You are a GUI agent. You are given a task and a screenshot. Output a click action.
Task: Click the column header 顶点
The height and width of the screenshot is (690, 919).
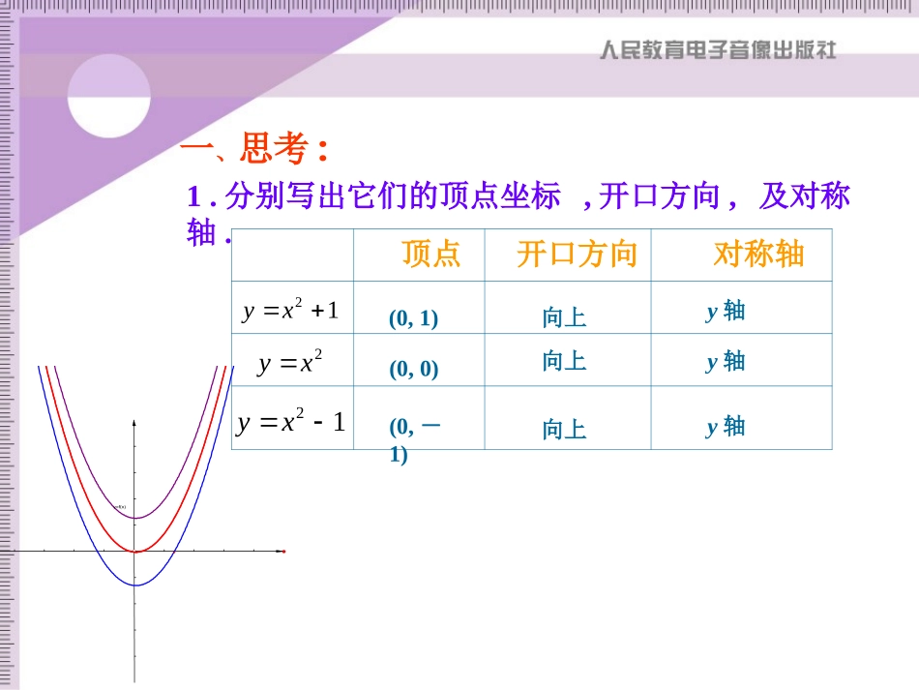tap(430, 255)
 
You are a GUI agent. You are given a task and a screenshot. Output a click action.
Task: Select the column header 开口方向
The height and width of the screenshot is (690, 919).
tap(577, 255)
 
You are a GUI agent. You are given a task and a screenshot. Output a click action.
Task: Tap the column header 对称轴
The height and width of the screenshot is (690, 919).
tap(758, 254)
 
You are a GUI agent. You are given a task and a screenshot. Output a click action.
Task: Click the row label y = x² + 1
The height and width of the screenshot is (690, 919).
tap(291, 311)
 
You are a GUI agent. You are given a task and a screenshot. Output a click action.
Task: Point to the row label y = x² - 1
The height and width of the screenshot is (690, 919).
tap(291, 422)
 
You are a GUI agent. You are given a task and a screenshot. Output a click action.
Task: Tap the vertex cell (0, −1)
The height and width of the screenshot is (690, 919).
tap(415, 439)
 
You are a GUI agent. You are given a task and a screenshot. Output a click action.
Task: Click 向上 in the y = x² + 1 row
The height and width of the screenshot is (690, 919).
tap(564, 317)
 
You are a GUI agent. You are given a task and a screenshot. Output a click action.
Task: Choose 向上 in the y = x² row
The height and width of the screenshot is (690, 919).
tap(564, 362)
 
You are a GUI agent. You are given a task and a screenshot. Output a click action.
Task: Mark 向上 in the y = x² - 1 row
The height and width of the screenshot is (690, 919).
tap(564, 430)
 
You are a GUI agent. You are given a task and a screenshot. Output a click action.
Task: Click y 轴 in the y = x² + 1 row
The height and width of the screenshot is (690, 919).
tap(726, 311)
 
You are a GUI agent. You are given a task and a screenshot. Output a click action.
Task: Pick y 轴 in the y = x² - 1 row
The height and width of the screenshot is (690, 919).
tap(726, 426)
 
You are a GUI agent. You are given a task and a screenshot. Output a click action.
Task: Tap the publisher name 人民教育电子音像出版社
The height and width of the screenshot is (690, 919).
tap(717, 49)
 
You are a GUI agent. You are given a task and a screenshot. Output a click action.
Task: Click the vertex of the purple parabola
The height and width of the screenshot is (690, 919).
tap(135, 518)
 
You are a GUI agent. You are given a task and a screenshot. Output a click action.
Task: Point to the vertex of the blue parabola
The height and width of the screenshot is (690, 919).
tap(135, 585)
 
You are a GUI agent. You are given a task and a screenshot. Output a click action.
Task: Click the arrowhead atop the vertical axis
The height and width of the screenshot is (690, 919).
tap(134, 422)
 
